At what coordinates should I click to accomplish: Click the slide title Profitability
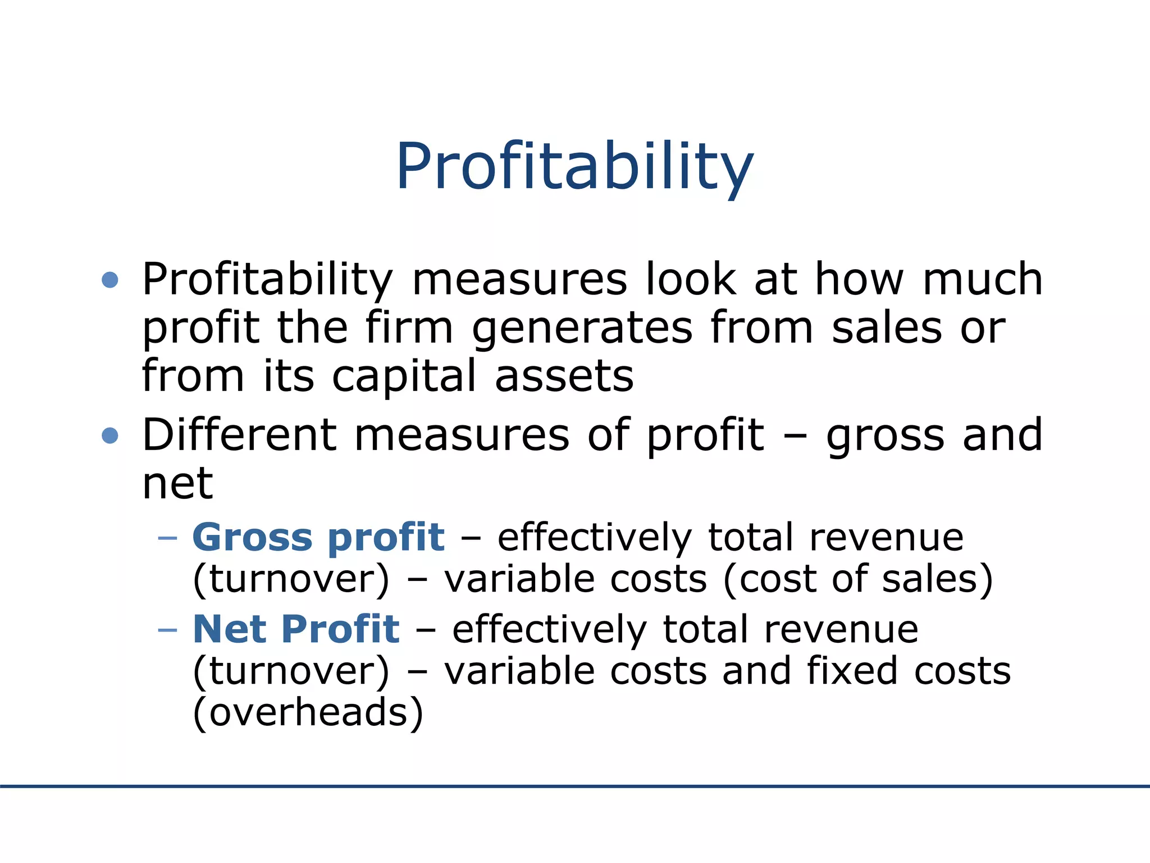pos(574,167)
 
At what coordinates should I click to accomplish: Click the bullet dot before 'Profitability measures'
pos(110,279)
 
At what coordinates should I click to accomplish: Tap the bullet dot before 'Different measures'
pos(110,435)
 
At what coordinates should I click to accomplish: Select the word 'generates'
pos(582,329)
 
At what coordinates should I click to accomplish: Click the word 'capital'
pos(404,376)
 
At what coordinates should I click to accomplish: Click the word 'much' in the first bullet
pos(982,279)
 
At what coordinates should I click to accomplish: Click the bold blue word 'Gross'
pos(252,537)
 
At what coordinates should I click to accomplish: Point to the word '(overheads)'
pos(308,712)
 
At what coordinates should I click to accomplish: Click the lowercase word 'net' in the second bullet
pos(177,483)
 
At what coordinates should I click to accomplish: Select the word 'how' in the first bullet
pos(859,279)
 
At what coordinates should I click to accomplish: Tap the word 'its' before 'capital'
pos(289,376)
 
